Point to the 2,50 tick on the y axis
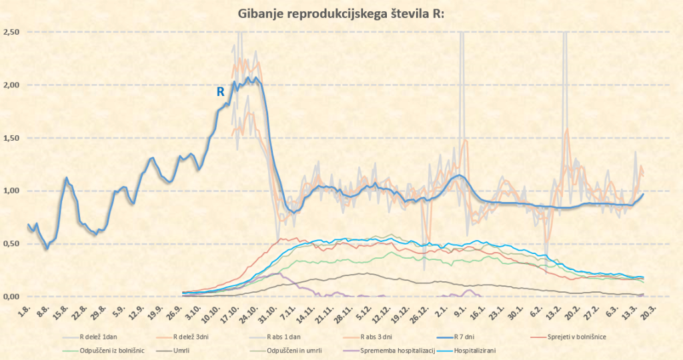click(11, 32)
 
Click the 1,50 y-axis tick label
click(11, 138)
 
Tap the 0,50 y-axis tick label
click(11, 244)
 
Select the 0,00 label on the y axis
click(11, 297)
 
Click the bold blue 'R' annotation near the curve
click(220, 92)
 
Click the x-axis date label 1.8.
click(25, 310)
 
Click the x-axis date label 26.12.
click(420, 312)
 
